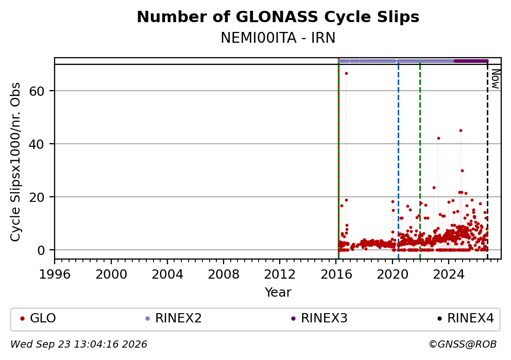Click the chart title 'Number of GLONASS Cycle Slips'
278,17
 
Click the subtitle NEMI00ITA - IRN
278,38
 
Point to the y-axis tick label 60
37,91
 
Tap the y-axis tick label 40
37,144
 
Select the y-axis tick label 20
37,197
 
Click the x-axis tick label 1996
55,275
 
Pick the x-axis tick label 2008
224,275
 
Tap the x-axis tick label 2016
336,275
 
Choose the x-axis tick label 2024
449,275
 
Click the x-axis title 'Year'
278,292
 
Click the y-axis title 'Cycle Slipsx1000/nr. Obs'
15,162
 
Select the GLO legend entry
38,318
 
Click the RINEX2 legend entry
174,318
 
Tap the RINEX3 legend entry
319,318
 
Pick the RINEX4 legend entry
466,318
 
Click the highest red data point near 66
347,73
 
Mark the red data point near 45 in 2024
461,131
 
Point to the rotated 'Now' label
495,79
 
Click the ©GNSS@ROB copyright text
463,344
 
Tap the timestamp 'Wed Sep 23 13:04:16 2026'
79,344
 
